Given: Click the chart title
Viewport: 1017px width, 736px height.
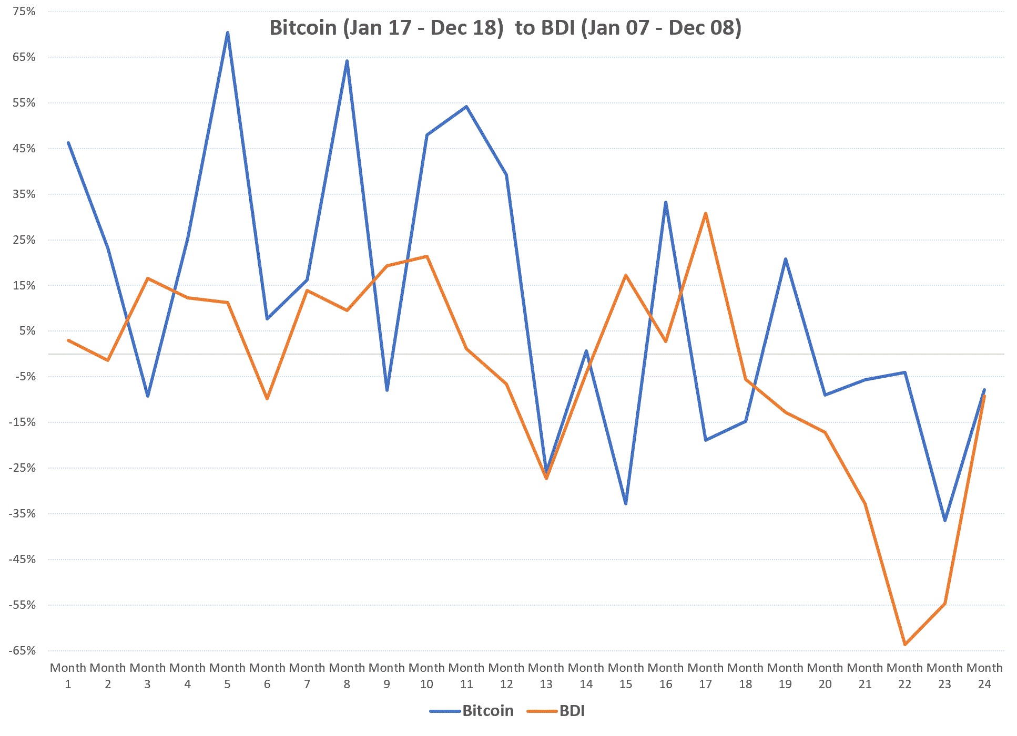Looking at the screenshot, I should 505,27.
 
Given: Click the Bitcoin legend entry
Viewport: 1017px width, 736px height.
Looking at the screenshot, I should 487,711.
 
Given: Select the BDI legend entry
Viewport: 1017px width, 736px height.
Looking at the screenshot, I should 572,711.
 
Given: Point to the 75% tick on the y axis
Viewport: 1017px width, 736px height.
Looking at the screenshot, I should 24,11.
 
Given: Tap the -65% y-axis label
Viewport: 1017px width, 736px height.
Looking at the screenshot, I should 22,650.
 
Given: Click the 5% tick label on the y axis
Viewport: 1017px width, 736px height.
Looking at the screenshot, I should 27,330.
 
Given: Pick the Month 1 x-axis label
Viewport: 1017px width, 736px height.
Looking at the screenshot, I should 68,676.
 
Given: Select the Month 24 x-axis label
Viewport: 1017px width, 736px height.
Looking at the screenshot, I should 984,676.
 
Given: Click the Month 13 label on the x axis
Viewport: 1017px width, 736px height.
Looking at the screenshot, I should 546,676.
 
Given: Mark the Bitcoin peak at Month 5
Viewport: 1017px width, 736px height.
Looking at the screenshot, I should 227,33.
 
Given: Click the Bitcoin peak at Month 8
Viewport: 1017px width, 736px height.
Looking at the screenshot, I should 347,61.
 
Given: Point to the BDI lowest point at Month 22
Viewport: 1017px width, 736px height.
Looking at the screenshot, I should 904,644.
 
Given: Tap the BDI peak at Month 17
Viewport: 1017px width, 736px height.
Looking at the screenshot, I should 705,213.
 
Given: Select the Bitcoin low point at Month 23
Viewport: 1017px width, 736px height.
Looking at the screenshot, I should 944,520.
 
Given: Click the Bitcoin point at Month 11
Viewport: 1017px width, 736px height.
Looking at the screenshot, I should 466,107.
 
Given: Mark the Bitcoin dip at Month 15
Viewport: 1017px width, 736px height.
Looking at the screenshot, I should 626,504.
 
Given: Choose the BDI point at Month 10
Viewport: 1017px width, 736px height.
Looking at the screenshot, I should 427,256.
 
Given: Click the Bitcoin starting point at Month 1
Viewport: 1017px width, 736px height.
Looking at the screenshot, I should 68,143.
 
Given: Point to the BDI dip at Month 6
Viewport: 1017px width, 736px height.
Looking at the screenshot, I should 267,399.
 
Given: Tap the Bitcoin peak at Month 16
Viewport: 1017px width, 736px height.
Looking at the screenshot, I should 666,202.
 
